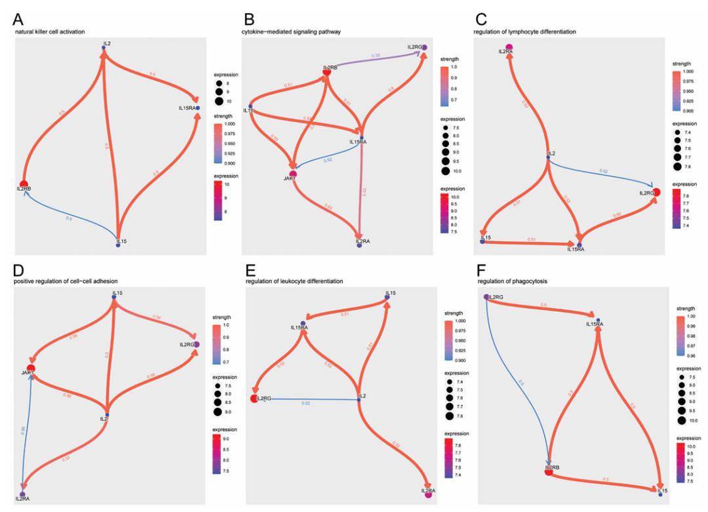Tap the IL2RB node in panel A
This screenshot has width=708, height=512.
pos(24,184)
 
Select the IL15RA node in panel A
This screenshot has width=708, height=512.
pos(197,108)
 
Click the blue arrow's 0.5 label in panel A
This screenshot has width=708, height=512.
pos(68,218)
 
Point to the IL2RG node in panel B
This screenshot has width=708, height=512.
pos(424,47)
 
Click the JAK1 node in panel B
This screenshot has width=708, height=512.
pos(293,174)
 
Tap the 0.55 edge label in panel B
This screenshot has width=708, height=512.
pos(376,56)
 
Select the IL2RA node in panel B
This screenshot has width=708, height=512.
pos(359,246)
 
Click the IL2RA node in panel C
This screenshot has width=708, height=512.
pos(509,46)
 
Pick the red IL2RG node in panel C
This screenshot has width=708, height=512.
pos(656,192)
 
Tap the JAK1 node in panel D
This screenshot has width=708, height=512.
pos(30,370)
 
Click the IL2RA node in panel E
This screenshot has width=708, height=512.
pos(427,496)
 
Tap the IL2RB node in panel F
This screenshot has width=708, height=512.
pos(549,468)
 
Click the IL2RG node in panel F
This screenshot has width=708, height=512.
pos(486,298)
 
